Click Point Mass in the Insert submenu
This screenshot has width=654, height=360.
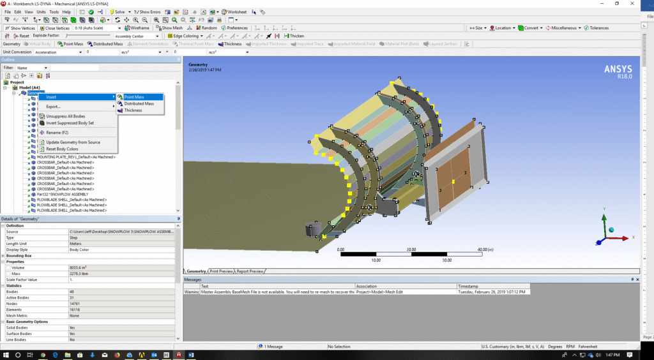point(135,97)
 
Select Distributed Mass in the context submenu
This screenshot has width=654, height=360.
point(139,103)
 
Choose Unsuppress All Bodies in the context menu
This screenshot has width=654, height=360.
point(65,116)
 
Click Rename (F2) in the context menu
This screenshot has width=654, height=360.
point(57,132)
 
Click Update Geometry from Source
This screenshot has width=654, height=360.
point(73,142)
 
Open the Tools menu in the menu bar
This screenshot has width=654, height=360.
point(54,11)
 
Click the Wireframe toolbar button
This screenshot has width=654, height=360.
point(138,28)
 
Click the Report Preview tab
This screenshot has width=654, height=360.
point(250,271)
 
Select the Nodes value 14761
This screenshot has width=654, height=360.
point(76,303)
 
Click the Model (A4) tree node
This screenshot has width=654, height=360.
point(29,87)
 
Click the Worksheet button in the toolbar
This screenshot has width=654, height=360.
point(236,11)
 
